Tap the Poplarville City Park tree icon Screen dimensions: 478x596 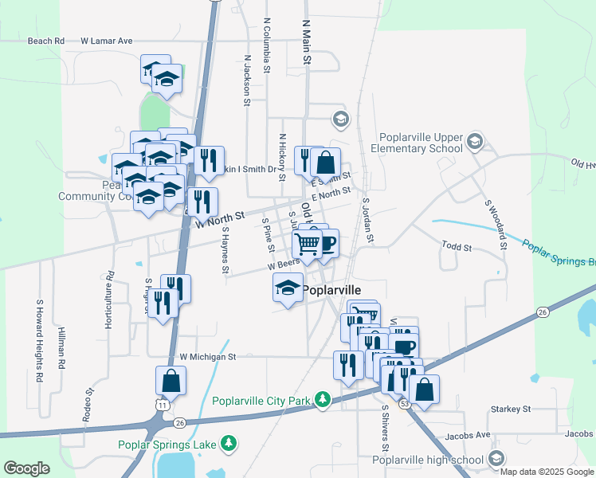coord(322,398)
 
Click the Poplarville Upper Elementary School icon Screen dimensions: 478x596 coord(474,142)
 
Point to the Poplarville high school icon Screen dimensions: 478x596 coord(496,458)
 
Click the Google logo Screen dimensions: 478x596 coord(26,468)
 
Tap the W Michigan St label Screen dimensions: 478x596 coord(209,357)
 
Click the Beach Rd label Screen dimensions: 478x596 coord(46,41)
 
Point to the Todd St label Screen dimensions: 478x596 coord(457,249)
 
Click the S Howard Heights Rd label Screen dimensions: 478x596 coord(38,341)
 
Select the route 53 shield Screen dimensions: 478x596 coord(405,406)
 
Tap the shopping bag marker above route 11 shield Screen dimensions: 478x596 coord(171,382)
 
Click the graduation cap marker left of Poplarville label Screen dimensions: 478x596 coord(288,288)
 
